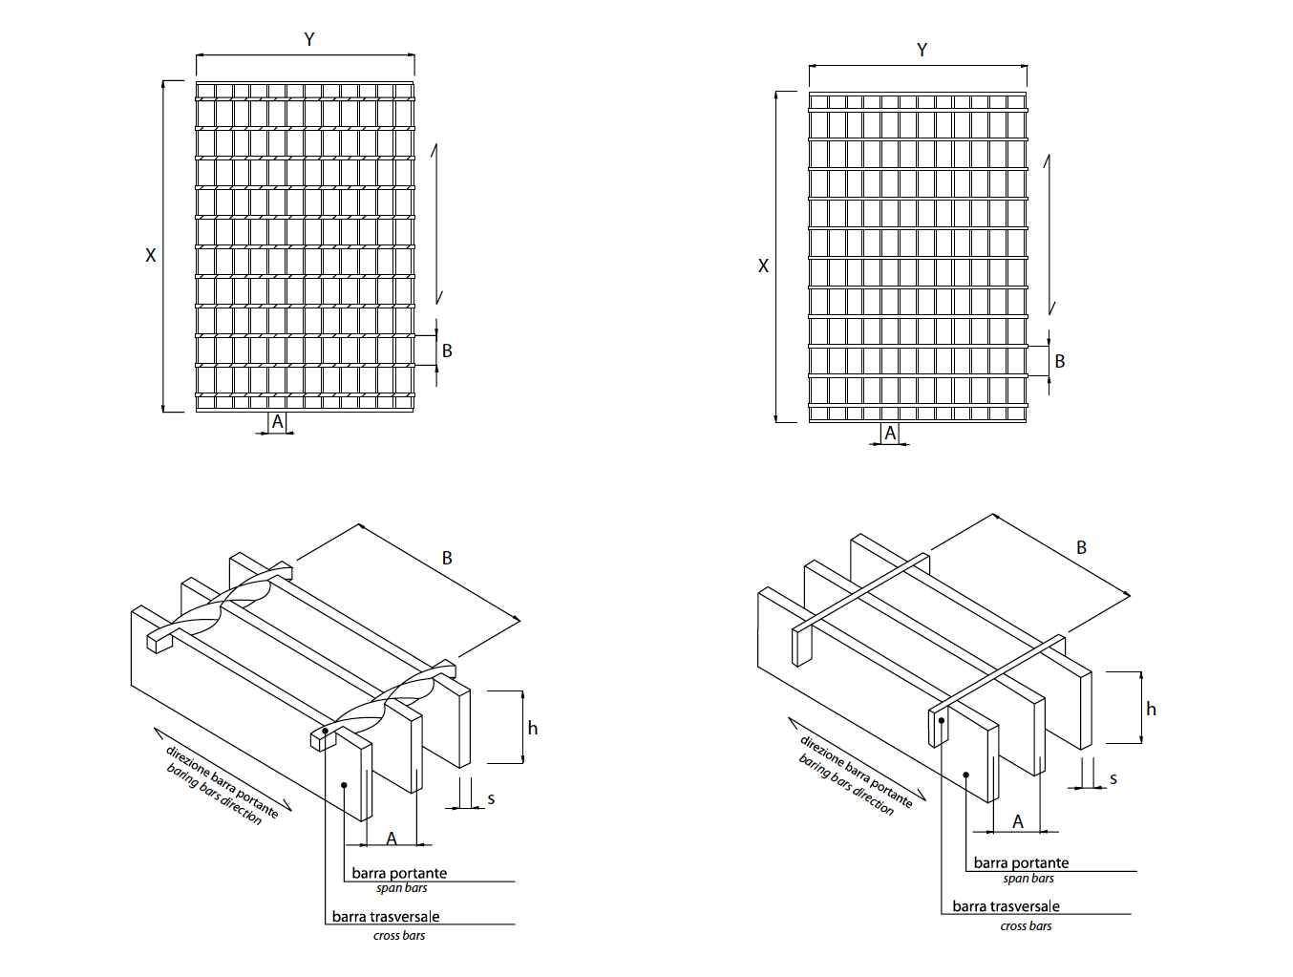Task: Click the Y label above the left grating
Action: pos(308,39)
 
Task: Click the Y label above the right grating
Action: pos(922,50)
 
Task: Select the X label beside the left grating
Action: pos(150,255)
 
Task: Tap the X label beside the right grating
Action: pos(763,266)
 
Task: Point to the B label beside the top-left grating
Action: pos(447,350)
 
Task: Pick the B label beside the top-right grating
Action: pos(1059,361)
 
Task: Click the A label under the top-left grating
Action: pos(278,421)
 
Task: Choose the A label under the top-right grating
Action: pos(890,433)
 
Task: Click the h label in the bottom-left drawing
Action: pos(533,729)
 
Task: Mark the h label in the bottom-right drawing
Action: pos(1151,709)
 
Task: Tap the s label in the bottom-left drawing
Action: pos(491,798)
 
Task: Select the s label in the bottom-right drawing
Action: pos(1113,779)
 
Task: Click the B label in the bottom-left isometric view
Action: pos(447,558)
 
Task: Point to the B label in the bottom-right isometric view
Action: pos(1081,547)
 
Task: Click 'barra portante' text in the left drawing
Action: pos(399,873)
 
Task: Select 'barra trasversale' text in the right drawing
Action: pos(1006,906)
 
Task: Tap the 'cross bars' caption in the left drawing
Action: pos(399,936)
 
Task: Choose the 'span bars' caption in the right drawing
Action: pos(1028,879)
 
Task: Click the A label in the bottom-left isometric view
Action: pos(392,839)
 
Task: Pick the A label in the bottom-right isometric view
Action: pos(1018,821)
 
